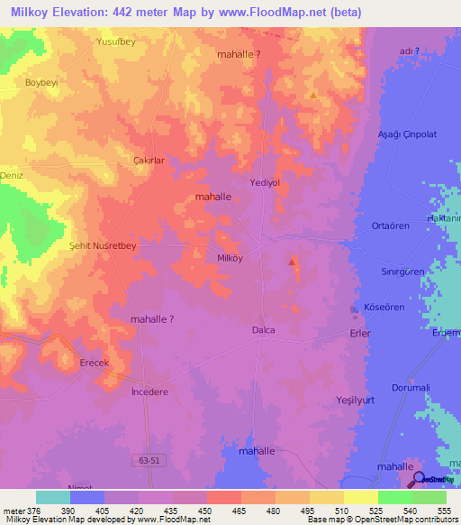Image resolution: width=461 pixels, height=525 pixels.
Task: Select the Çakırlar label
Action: (150, 161)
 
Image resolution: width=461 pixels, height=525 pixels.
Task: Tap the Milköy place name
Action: (230, 257)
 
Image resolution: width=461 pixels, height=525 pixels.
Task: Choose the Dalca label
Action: (263, 330)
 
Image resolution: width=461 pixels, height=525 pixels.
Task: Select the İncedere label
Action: (149, 392)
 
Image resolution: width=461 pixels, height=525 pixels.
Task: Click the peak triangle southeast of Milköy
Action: (292, 262)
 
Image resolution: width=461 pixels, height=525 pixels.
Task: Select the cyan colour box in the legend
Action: (53, 497)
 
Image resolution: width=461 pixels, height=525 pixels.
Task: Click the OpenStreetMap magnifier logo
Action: (419, 479)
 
